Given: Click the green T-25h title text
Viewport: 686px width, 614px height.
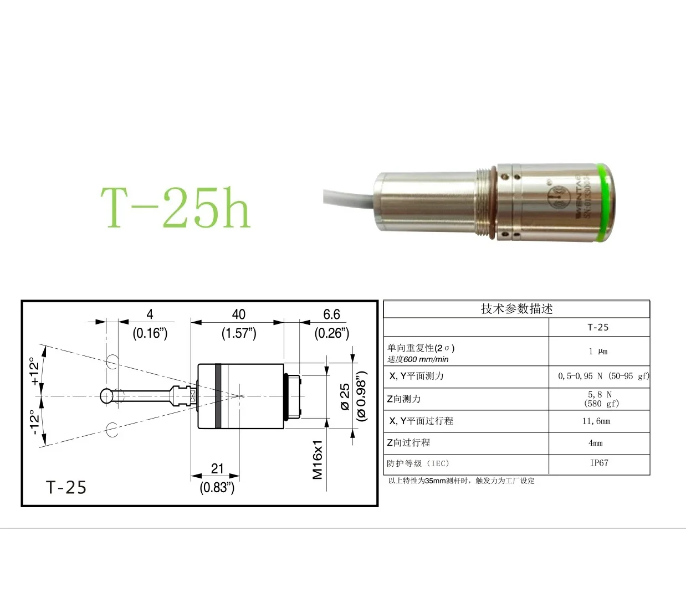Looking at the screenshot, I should point(175,208).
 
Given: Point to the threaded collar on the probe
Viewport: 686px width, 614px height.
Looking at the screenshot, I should point(486,203).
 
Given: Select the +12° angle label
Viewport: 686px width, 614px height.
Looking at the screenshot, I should point(35,371).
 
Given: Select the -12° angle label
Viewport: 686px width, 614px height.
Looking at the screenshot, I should point(35,422).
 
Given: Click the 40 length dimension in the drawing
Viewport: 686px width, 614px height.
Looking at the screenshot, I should point(238,314).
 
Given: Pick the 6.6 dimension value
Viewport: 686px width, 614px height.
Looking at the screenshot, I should point(331,314).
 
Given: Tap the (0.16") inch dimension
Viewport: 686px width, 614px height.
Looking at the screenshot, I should point(150,333).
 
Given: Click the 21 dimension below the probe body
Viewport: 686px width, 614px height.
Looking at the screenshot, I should point(217,468).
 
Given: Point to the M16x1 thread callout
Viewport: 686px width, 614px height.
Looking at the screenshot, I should point(318,460).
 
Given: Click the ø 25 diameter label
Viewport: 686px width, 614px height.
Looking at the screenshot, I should point(345,397).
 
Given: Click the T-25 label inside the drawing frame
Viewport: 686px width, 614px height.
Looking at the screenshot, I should point(66,487).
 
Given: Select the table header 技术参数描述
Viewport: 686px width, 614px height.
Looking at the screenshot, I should point(516,309).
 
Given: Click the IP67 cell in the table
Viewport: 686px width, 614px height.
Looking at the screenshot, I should point(598,463).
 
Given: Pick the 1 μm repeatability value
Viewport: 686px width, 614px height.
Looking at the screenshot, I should point(598,352).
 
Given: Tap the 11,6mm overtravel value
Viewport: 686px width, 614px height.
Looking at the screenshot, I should point(596,421).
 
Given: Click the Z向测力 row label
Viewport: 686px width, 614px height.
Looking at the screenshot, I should point(404,399).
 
